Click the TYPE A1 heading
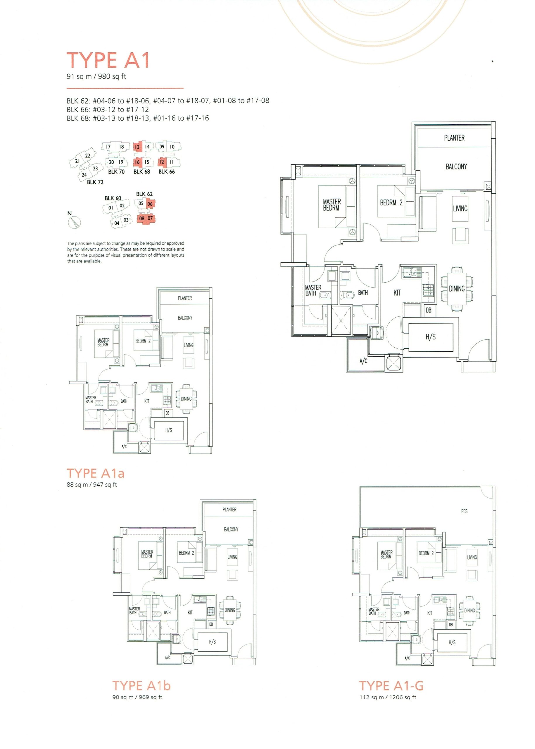[x=108, y=60]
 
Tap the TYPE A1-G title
[x=391, y=686]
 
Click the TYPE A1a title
[x=96, y=473]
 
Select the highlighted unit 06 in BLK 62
[x=150, y=204]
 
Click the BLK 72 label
[x=95, y=182]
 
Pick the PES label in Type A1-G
[x=464, y=511]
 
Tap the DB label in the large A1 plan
[x=429, y=310]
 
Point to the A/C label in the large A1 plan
[x=363, y=361]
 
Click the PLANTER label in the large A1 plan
[x=454, y=138]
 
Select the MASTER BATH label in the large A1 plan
[x=313, y=291]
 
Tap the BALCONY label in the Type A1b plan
[x=231, y=530]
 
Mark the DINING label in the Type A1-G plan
[x=470, y=611]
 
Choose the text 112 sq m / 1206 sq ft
[x=388, y=697]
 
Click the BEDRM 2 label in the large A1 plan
[x=391, y=203]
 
